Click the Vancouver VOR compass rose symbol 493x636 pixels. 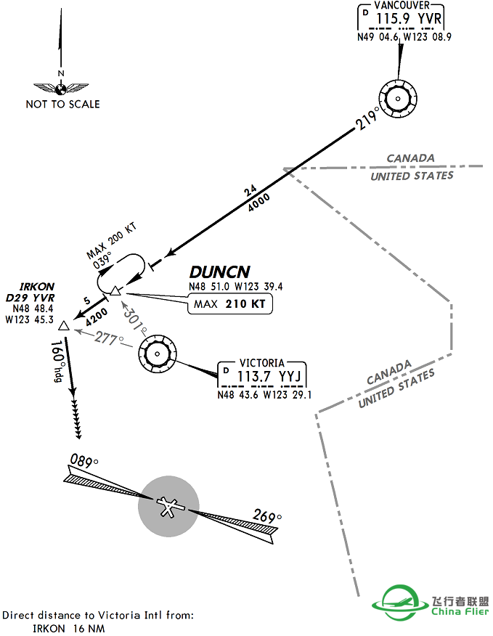coord(398,99)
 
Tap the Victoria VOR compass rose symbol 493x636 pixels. coord(157,354)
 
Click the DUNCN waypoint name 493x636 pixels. coord(219,272)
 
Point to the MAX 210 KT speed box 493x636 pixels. coord(230,303)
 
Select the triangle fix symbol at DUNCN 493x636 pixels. coord(115,291)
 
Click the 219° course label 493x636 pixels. coord(368,118)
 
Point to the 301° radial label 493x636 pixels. coord(135,317)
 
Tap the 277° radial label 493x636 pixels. coord(108,338)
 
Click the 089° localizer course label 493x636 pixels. coord(84,460)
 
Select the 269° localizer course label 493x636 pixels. coord(266,517)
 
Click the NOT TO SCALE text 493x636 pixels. coord(62,104)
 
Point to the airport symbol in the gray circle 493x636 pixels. coord(169,506)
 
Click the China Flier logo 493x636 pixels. coord(431,602)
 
